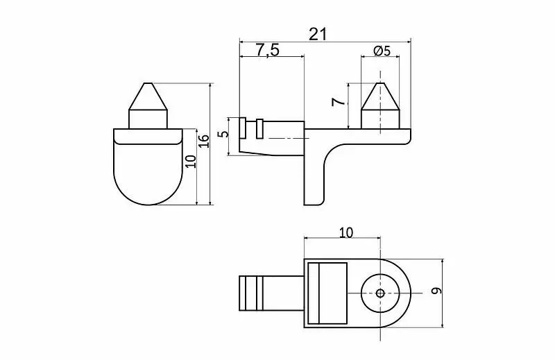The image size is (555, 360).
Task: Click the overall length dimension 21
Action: pyautogui.click(x=318, y=35)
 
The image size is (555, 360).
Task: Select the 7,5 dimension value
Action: pyautogui.click(x=268, y=50)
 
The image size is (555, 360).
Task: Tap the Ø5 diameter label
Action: pyautogui.click(x=382, y=51)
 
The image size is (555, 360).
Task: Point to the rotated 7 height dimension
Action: pyautogui.click(x=339, y=102)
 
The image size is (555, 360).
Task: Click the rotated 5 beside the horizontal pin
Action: pyautogui.click(x=223, y=134)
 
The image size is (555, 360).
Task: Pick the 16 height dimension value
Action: pyautogui.click(x=203, y=142)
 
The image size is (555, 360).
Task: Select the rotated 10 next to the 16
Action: pyautogui.click(x=190, y=162)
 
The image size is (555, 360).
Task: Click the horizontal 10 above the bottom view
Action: pyautogui.click(x=346, y=232)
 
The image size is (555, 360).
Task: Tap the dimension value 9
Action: pyautogui.click(x=437, y=291)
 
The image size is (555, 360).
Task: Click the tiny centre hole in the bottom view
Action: pyautogui.click(x=380, y=293)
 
